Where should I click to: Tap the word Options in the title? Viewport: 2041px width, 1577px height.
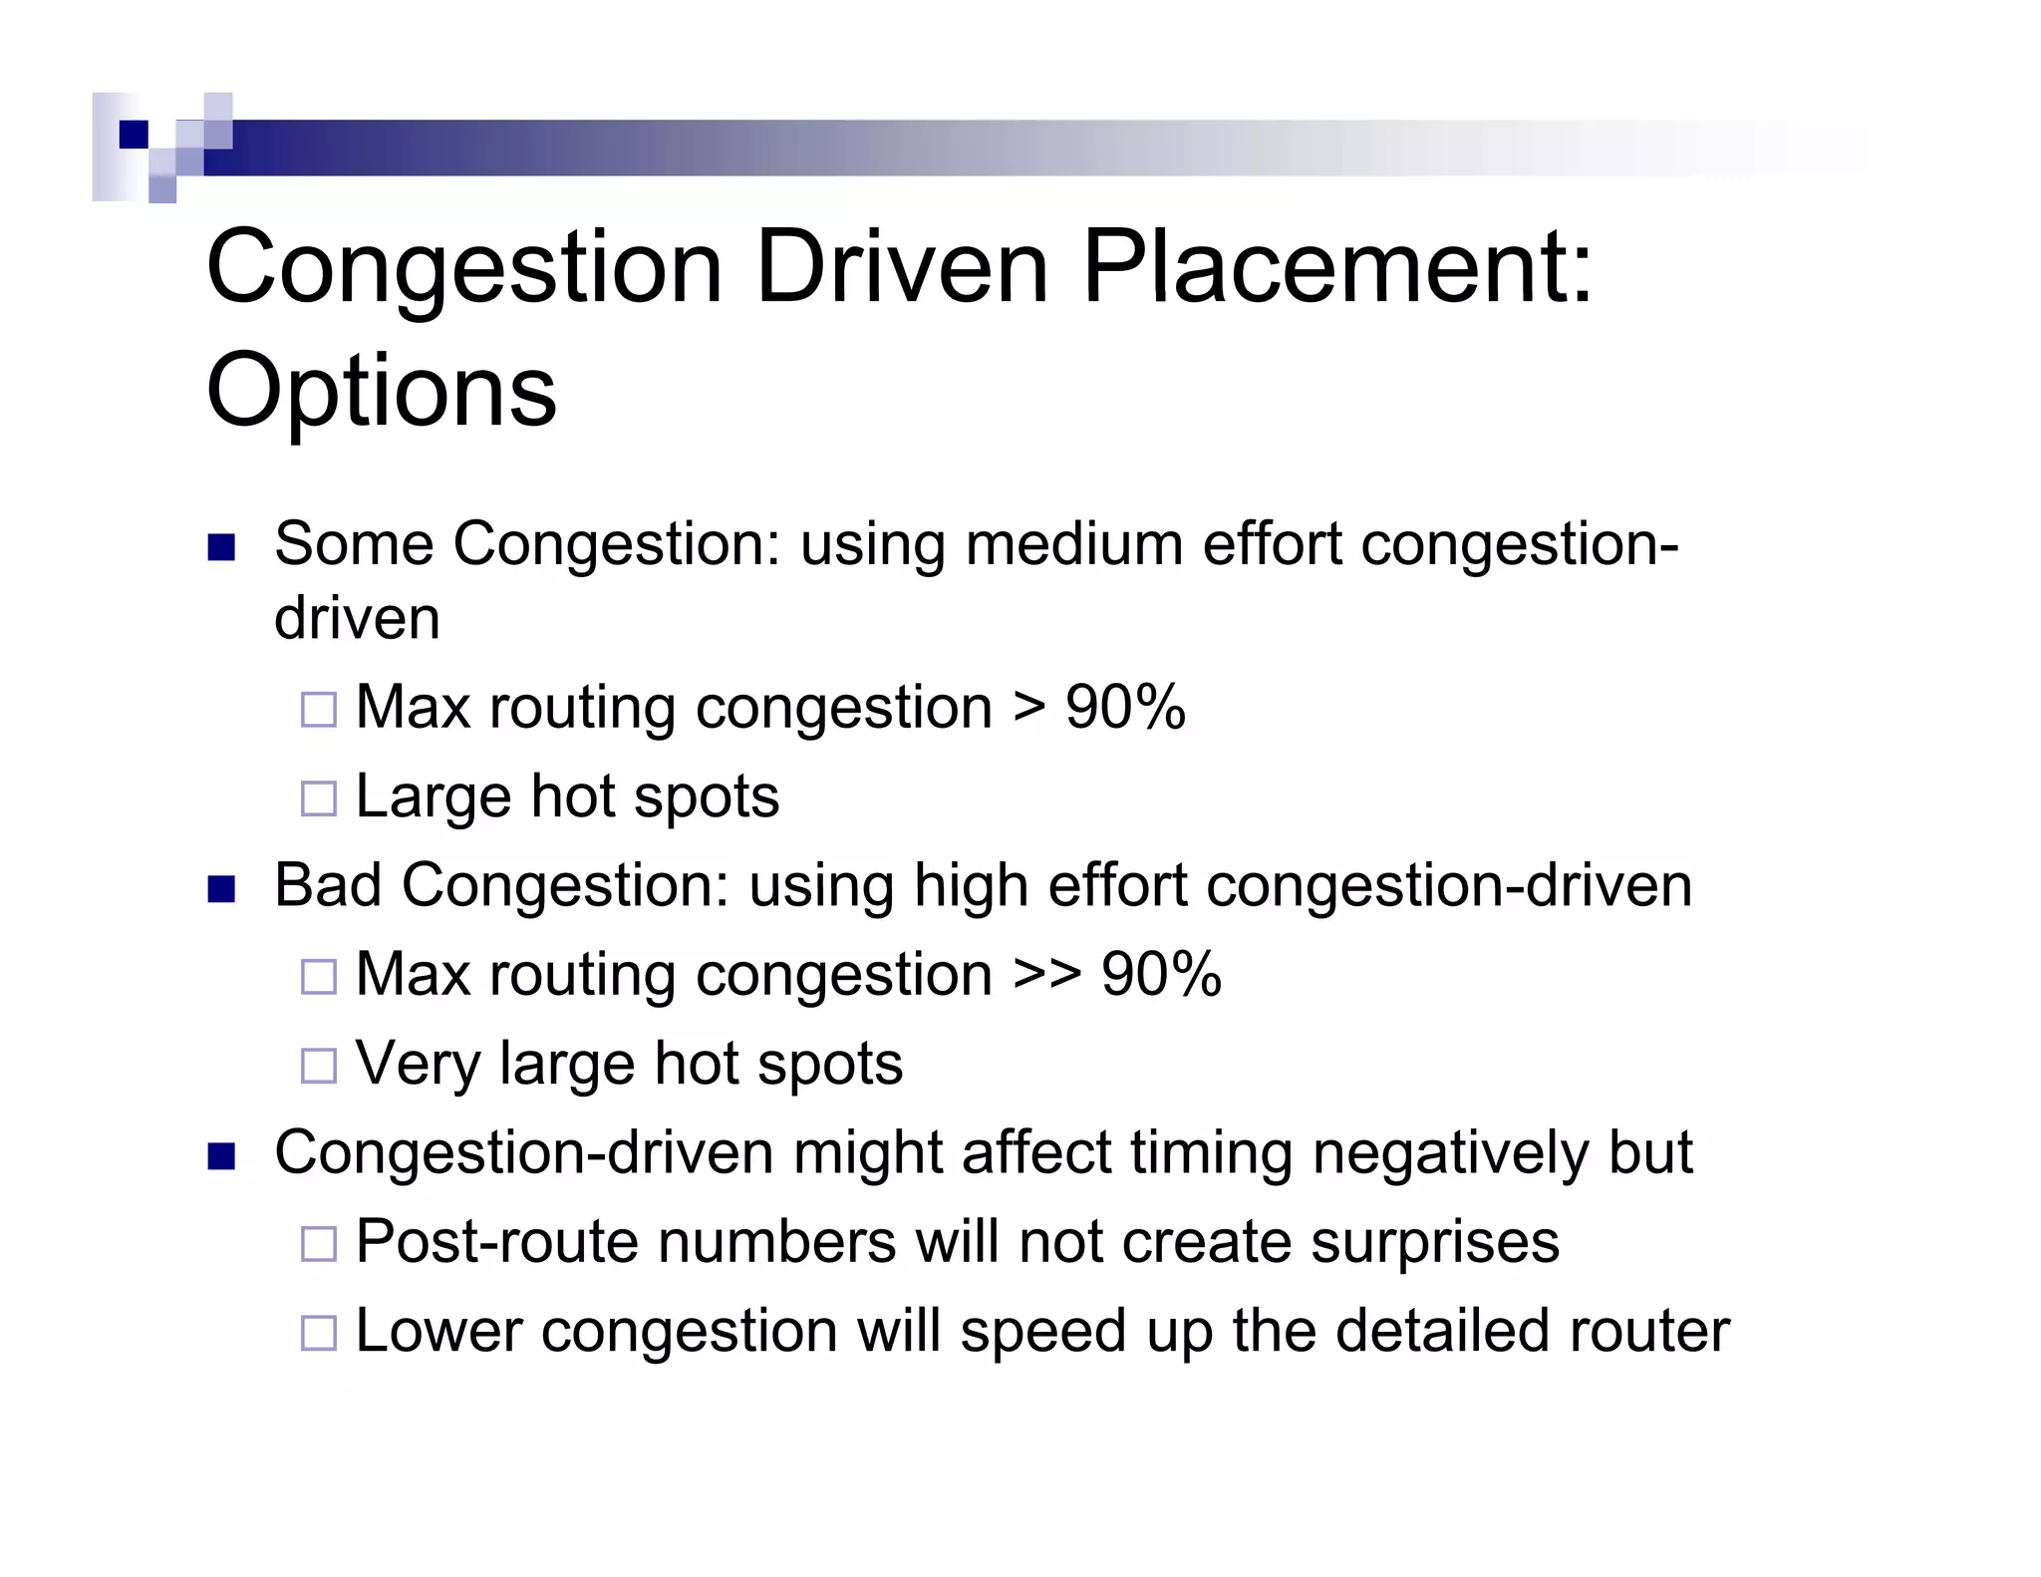[381, 391]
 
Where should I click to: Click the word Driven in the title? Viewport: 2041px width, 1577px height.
[902, 267]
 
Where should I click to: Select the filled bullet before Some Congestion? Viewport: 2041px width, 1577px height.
[221, 547]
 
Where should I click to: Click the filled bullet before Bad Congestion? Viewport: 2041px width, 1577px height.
[221, 888]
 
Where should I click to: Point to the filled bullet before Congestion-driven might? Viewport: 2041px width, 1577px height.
[221, 1155]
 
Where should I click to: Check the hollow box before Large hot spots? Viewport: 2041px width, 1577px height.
[319, 798]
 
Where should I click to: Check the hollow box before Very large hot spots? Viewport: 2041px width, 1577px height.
[319, 1066]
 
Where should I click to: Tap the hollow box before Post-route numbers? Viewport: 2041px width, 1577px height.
[319, 1244]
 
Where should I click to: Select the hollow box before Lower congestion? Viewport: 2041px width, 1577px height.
[319, 1333]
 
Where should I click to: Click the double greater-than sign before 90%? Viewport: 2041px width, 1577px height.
[1046, 975]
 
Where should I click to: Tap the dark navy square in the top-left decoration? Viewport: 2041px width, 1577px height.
[134, 134]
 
